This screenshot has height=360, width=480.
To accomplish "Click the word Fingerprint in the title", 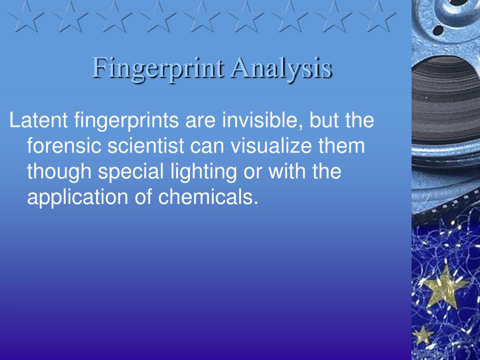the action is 157,68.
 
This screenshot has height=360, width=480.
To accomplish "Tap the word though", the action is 59,172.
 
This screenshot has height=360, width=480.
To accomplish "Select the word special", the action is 131,172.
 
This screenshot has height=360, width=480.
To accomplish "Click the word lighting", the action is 203,172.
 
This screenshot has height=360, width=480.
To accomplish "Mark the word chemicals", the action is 208,197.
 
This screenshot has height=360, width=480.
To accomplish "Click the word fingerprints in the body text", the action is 127,120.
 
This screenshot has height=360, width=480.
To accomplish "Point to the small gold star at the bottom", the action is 423,336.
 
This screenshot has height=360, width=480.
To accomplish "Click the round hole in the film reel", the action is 438,30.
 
